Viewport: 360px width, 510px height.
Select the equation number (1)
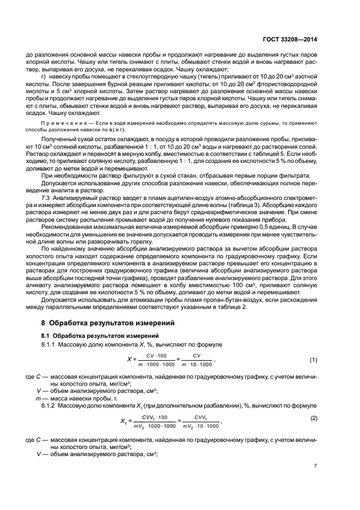pyautogui.click(x=314, y=360)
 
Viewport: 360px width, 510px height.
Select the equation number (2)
pyautogui.click(x=314, y=417)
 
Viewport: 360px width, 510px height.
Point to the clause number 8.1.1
pyautogui.click(x=51, y=345)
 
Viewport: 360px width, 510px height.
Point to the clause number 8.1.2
pyautogui.click(x=51, y=406)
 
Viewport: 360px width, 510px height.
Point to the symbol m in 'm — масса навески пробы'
pyautogui.click(x=36, y=399)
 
